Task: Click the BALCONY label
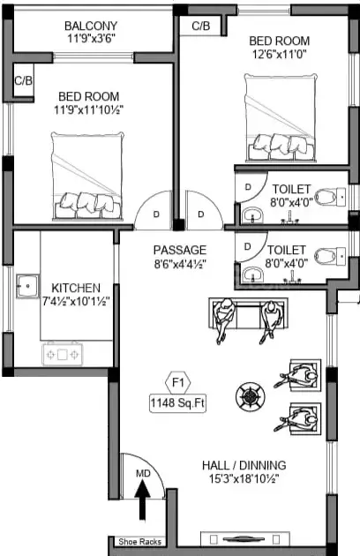91,26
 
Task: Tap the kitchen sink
27,286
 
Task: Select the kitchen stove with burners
63,354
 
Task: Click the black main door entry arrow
143,500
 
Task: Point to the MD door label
143,473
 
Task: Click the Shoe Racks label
139,542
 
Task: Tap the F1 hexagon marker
178,383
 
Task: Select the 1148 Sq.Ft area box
177,403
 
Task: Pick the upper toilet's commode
330,197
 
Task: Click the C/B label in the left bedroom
24,80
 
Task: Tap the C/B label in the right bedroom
201,26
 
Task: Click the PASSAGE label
180,250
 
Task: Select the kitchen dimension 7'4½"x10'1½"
76,302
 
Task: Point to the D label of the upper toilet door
248,186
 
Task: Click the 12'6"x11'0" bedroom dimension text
279,54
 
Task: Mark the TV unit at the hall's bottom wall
245,539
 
